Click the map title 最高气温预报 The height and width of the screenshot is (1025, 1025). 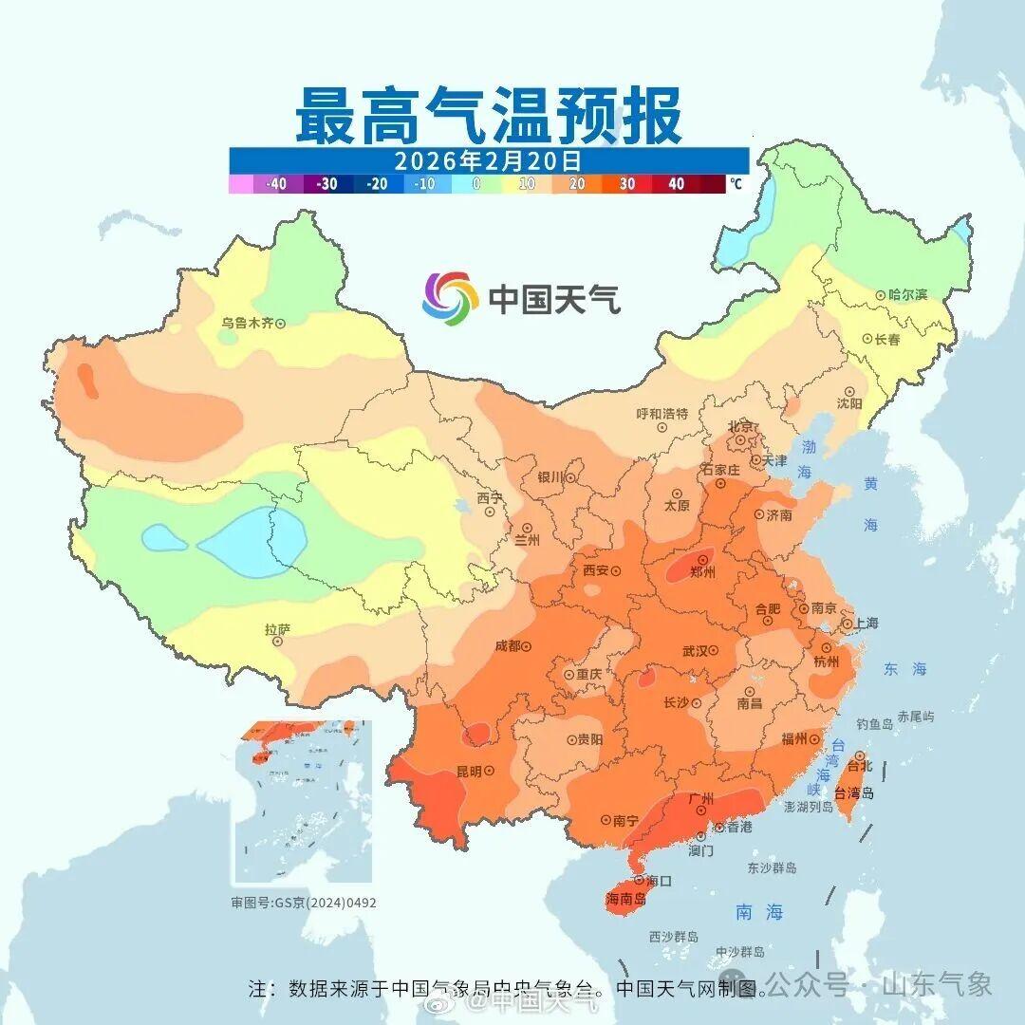point(488,115)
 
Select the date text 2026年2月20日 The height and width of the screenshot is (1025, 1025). point(488,160)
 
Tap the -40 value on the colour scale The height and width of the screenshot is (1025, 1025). point(276,184)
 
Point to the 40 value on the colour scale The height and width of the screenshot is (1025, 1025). point(676,184)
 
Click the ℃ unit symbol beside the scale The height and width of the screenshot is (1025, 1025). point(736,184)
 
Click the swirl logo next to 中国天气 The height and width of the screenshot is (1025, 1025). point(450,297)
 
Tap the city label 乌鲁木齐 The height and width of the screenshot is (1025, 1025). point(247,323)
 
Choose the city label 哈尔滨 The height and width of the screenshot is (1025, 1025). point(908,295)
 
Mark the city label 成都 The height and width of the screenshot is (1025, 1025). point(508,646)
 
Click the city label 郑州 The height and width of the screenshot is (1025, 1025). point(703,572)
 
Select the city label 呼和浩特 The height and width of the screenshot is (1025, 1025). point(662,414)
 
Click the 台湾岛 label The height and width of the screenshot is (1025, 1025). point(854,793)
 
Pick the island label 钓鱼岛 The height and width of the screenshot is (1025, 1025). point(875,724)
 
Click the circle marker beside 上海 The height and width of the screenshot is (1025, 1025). point(846,624)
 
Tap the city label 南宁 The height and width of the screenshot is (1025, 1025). point(625,820)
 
